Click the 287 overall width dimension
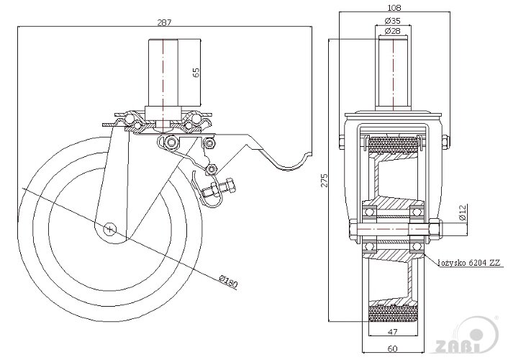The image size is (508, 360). pyautogui.click(x=164, y=22)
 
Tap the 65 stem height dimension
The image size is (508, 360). pyautogui.click(x=196, y=72)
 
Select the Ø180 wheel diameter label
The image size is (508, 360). pyautogui.click(x=228, y=282)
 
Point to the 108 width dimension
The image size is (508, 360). pyautogui.click(x=394, y=8)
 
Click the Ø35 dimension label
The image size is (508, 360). pyautogui.click(x=393, y=21)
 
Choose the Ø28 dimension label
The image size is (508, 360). pyautogui.click(x=393, y=31)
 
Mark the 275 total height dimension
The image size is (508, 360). pyautogui.click(x=325, y=180)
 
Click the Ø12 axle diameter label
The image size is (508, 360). pyautogui.click(x=463, y=212)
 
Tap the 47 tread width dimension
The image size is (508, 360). pyautogui.click(x=393, y=331)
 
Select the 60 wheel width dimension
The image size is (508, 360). pyautogui.click(x=392, y=348)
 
